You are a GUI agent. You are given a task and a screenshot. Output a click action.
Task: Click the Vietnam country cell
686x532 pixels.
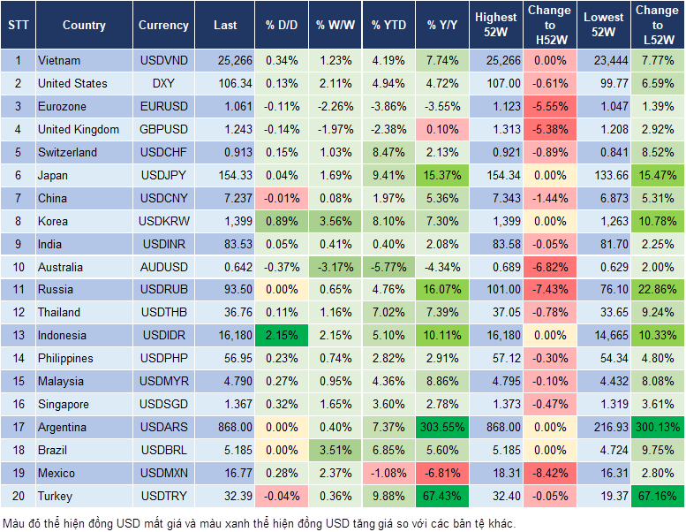click(x=59, y=60)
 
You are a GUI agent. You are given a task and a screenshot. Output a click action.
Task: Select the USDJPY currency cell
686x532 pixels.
click(x=163, y=175)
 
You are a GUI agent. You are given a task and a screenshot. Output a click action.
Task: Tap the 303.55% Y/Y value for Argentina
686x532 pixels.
click(x=442, y=427)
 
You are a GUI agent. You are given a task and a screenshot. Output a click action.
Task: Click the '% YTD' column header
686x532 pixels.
click(x=388, y=26)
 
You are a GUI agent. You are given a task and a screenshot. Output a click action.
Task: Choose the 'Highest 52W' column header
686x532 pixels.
click(x=495, y=26)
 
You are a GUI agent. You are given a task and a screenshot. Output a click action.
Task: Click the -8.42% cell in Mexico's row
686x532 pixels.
click(x=550, y=473)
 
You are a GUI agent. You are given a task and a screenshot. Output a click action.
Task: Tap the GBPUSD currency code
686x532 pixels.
click(x=163, y=129)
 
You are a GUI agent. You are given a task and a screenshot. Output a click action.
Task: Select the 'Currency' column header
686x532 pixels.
click(x=163, y=26)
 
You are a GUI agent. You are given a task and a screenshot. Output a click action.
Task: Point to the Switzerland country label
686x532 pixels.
click(x=67, y=152)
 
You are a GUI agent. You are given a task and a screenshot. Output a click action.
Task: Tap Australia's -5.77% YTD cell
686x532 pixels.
click(x=388, y=267)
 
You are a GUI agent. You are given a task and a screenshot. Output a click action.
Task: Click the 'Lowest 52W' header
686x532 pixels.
click(x=604, y=26)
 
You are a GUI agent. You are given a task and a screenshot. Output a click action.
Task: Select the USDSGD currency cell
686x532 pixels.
click(x=163, y=404)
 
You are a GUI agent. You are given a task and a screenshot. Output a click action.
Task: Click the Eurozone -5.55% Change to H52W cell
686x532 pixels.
click(x=550, y=106)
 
